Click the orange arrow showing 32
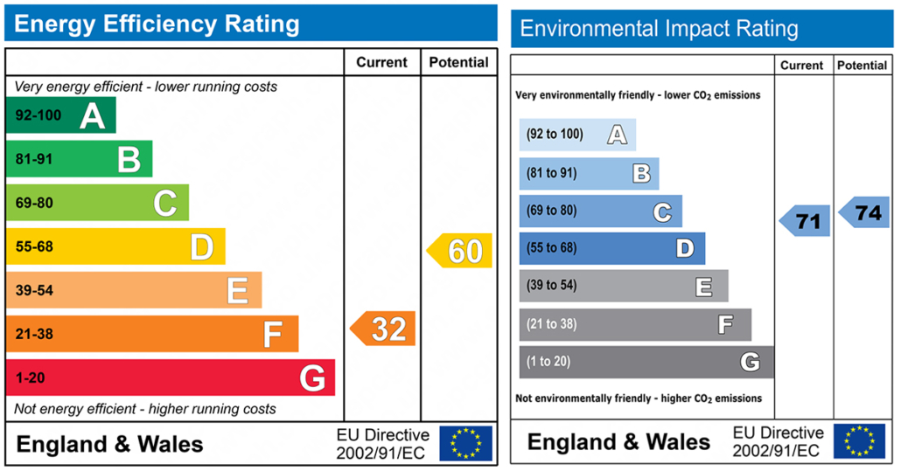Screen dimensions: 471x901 (384, 329)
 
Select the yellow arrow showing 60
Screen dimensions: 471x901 (460, 251)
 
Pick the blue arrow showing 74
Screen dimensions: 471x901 (864, 212)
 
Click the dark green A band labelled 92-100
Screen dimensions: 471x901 (60, 115)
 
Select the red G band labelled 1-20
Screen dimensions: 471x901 (170, 377)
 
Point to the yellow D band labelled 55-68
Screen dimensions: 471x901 (115, 246)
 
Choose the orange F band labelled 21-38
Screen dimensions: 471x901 (152, 334)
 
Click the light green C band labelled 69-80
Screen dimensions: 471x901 (97, 203)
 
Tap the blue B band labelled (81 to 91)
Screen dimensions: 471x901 (589, 173)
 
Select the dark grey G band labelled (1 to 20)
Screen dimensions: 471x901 (646, 362)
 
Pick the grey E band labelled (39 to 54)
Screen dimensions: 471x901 (623, 286)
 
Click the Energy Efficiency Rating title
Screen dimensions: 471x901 (157, 24)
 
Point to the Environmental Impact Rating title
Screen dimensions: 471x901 (659, 29)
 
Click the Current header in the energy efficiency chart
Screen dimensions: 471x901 (381, 62)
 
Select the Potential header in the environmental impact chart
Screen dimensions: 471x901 (862, 66)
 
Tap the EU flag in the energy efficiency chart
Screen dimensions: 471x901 (465, 443)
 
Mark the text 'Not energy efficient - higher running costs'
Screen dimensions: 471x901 (145, 409)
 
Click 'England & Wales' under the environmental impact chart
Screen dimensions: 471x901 (618, 441)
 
